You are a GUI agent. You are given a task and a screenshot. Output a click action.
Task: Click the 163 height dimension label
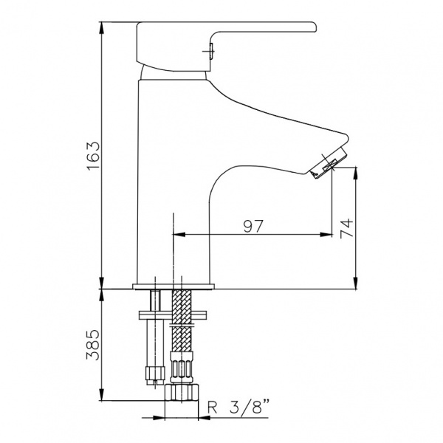click(x=94, y=156)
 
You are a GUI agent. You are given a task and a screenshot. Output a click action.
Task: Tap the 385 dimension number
click(x=93, y=345)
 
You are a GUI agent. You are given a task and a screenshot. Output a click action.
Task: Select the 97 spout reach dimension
click(x=253, y=226)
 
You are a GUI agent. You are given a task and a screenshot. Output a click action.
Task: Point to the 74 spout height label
click(x=347, y=228)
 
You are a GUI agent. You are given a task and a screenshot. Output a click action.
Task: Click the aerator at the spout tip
click(x=329, y=164)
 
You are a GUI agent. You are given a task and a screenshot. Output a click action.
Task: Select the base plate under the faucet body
click(x=174, y=286)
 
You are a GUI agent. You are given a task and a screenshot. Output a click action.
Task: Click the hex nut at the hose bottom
click(x=182, y=392)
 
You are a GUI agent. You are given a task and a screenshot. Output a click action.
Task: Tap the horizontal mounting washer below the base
click(x=173, y=315)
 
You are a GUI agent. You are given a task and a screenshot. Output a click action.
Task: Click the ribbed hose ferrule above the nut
click(x=182, y=367)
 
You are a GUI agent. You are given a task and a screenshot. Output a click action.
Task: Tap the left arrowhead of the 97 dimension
click(x=179, y=234)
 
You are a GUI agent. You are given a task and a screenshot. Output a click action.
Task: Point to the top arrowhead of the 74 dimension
click(x=356, y=174)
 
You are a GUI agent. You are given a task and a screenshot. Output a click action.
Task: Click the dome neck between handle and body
click(x=174, y=72)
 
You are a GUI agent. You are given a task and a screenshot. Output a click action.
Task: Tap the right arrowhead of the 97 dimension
click(x=326, y=234)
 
